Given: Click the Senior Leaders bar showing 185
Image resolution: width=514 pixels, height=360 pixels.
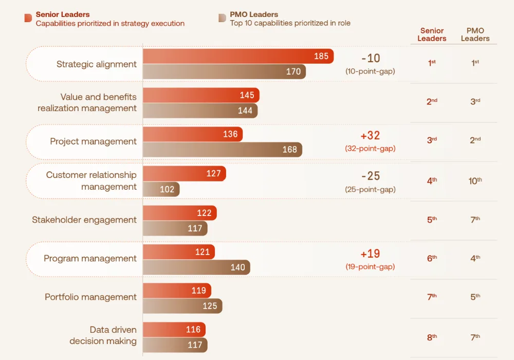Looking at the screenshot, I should pos(238,56).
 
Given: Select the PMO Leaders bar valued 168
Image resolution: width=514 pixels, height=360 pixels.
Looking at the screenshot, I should pos(222,150).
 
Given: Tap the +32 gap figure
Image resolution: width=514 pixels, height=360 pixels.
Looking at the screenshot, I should pos(370,136).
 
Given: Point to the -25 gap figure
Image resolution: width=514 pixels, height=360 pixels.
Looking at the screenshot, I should pos(370,176).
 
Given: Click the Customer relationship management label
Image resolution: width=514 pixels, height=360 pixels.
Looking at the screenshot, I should pos(91,181).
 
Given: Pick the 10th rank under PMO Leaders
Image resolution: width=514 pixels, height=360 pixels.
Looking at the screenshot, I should pos(475,181).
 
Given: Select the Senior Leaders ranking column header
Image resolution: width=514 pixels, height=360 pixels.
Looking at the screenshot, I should pos(432,34).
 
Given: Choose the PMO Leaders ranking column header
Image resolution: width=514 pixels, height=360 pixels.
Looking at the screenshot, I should pos(475,34).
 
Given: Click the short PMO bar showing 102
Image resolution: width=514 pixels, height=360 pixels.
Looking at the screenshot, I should pos(161,189).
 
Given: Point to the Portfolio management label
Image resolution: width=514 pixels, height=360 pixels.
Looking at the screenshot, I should pos(90,297).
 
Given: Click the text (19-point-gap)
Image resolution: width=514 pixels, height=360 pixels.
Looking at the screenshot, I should pos(370,266).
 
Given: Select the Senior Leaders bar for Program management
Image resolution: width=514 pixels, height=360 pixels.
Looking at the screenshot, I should pos(178,252).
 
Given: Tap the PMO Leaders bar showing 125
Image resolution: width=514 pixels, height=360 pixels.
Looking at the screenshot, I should pos(182,306).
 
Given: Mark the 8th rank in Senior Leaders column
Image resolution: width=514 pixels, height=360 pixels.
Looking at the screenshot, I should pos(432,337).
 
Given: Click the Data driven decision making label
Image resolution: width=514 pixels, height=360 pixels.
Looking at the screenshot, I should pos(103,335).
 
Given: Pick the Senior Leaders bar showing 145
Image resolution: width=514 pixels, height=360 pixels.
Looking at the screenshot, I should pos(201,95).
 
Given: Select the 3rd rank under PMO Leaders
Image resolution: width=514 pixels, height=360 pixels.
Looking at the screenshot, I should pos(475,102).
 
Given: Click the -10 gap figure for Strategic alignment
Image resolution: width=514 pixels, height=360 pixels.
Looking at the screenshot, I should pos(370,58).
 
